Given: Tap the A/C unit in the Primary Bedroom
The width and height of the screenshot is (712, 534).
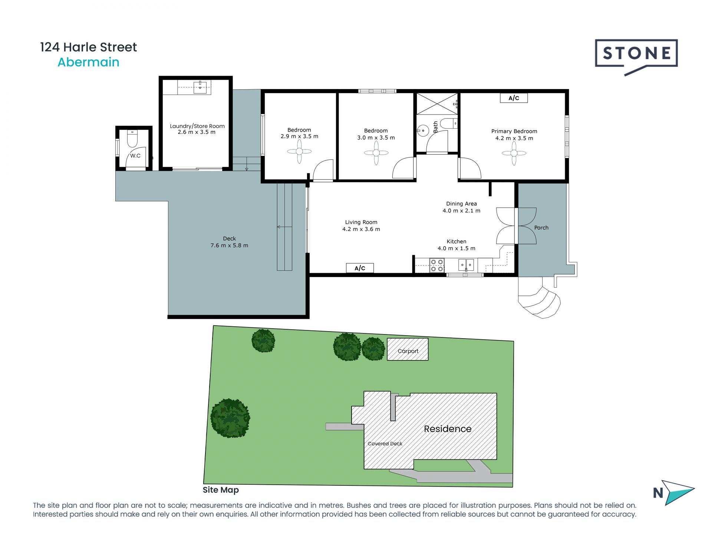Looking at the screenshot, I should pyautogui.click(x=514, y=98).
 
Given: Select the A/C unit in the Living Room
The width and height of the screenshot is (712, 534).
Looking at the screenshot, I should pyautogui.click(x=360, y=268).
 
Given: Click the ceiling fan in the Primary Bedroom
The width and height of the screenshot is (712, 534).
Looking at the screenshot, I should pyautogui.click(x=514, y=153).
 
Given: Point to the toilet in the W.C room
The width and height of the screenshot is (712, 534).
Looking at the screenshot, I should pyautogui.click(x=132, y=139).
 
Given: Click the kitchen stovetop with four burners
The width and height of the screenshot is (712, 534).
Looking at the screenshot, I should pyautogui.click(x=437, y=265).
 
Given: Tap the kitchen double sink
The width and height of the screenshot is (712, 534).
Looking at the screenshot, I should pyautogui.click(x=466, y=265).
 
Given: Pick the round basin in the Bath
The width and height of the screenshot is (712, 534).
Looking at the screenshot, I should pyautogui.click(x=423, y=131).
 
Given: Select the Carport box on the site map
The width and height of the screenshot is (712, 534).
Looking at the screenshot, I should pyautogui.click(x=408, y=349).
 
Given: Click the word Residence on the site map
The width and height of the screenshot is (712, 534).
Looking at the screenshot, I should pyautogui.click(x=448, y=429).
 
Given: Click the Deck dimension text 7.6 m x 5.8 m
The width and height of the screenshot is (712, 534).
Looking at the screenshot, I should pyautogui.click(x=229, y=245).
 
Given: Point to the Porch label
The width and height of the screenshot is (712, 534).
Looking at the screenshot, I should pyautogui.click(x=541, y=228).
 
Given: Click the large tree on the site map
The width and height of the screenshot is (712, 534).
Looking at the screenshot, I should pyautogui.click(x=230, y=418).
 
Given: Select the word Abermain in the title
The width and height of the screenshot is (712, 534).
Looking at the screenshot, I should pyautogui.click(x=88, y=62).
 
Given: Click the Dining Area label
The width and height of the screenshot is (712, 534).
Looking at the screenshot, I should pyautogui.click(x=461, y=204).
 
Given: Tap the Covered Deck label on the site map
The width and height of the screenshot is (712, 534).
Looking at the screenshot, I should pyautogui.click(x=385, y=444).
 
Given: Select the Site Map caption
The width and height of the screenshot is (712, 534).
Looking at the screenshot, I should pyautogui.click(x=221, y=490).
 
